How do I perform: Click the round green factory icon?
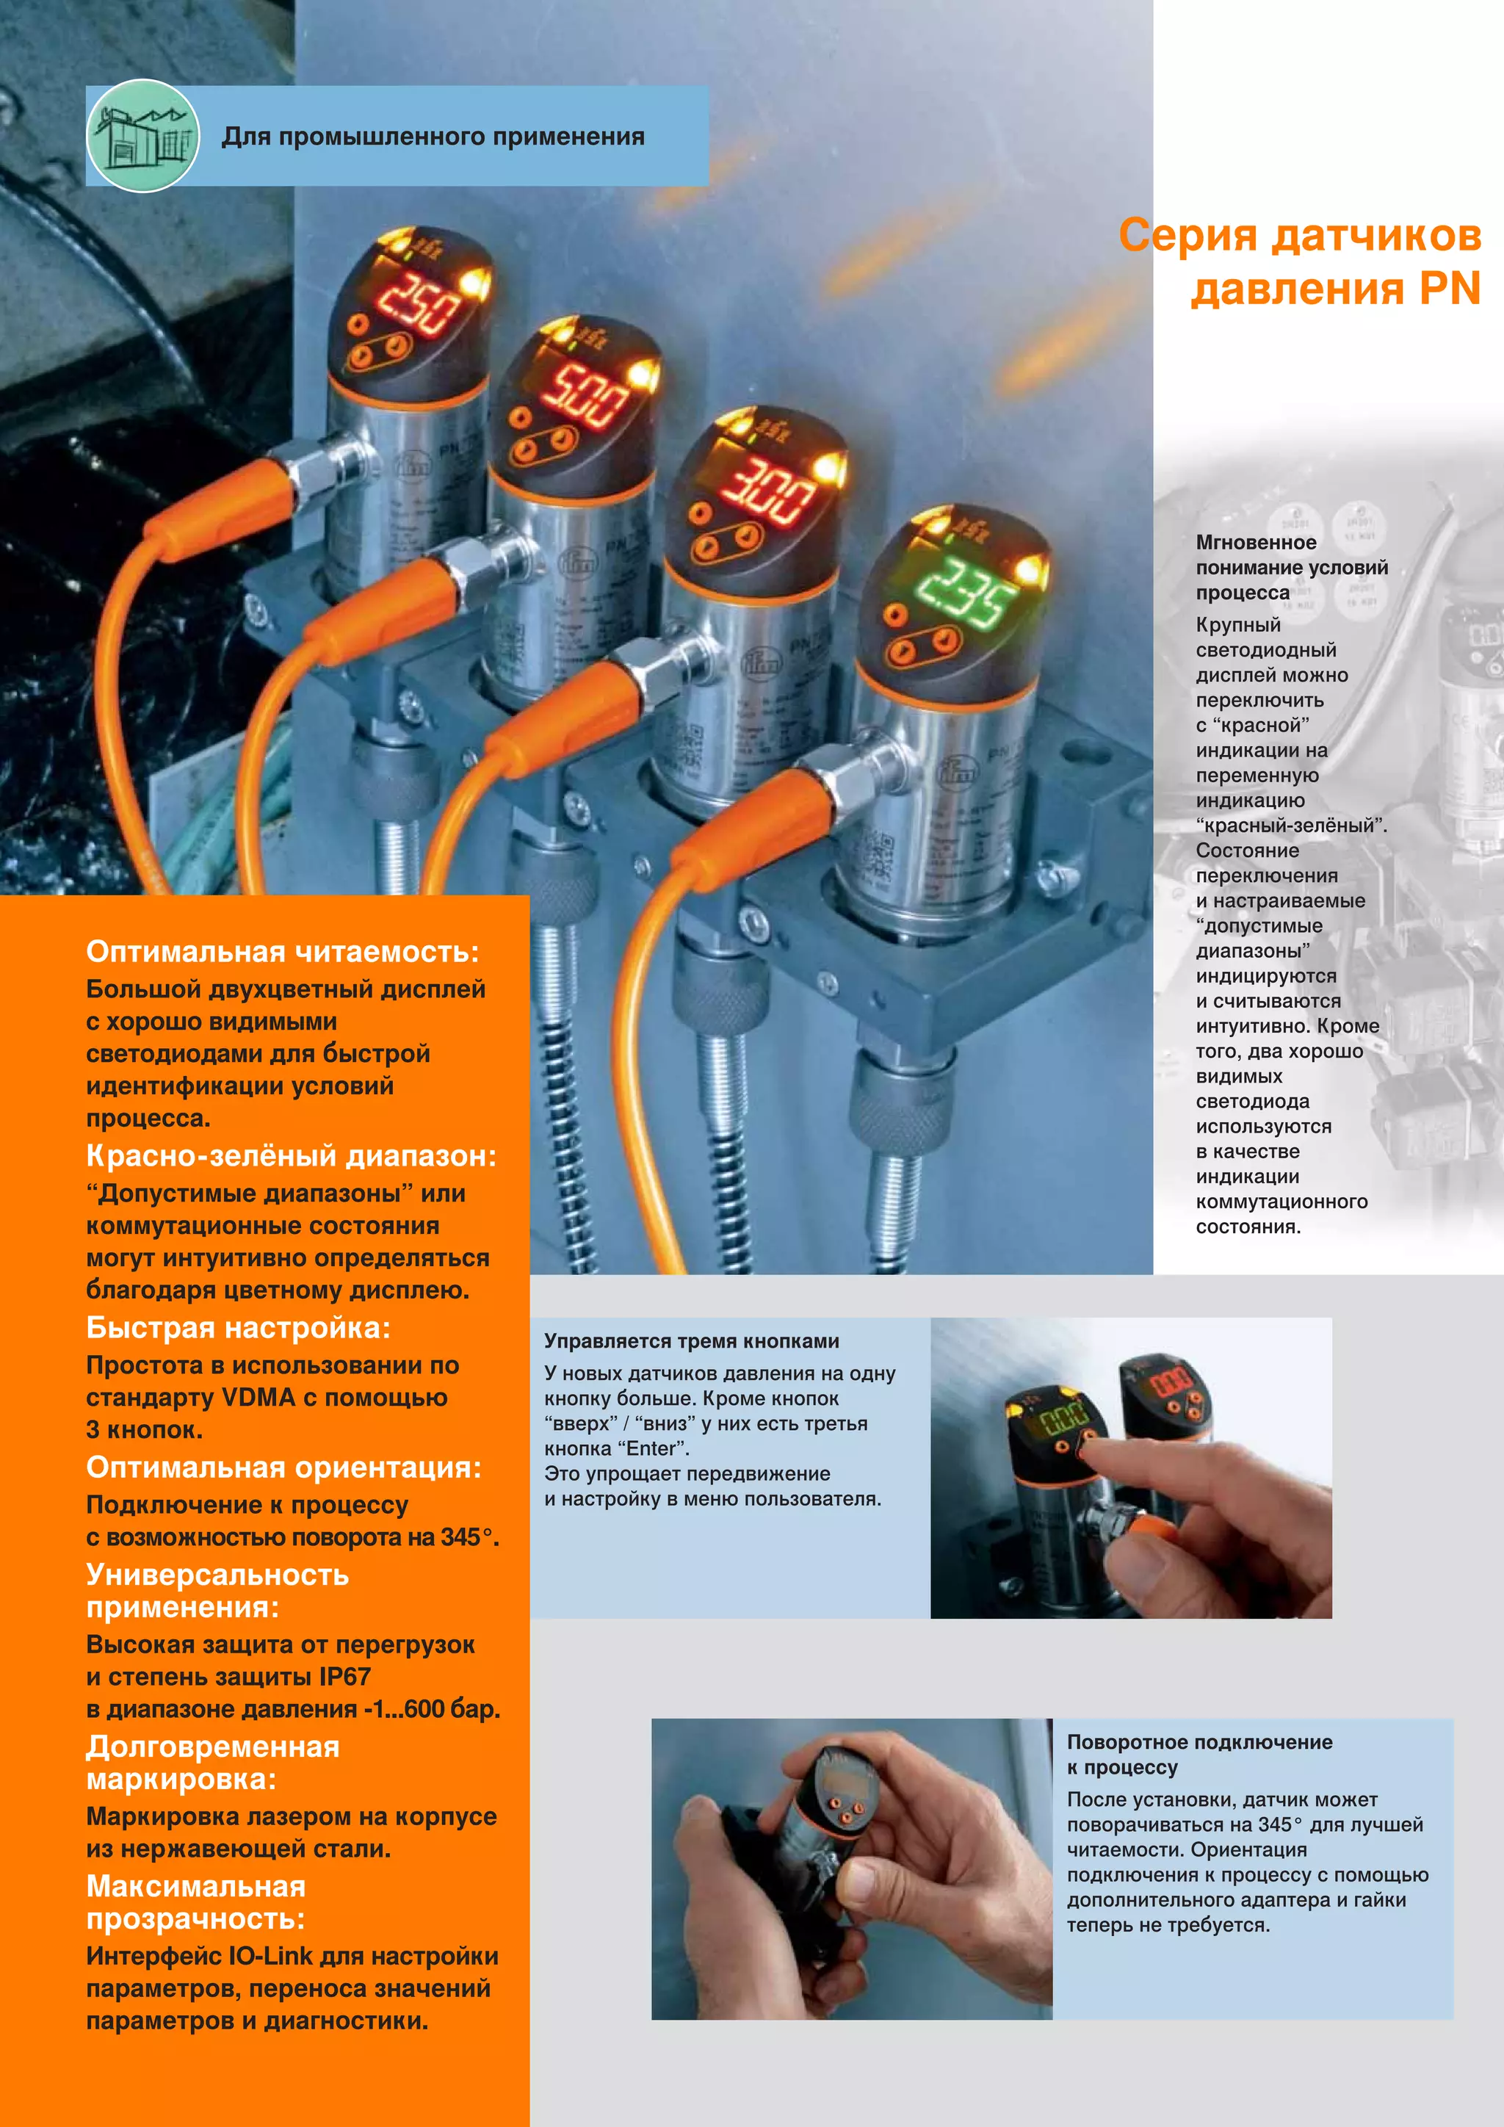pos(142,136)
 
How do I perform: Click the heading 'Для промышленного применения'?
pos(433,137)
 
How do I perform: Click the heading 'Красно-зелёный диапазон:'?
pos(291,1155)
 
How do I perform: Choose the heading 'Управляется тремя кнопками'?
pos(691,1340)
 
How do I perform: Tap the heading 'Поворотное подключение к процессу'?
pos(1198,1754)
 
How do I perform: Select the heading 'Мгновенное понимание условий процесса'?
pos(1290,567)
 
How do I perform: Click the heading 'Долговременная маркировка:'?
pos(212,1762)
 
